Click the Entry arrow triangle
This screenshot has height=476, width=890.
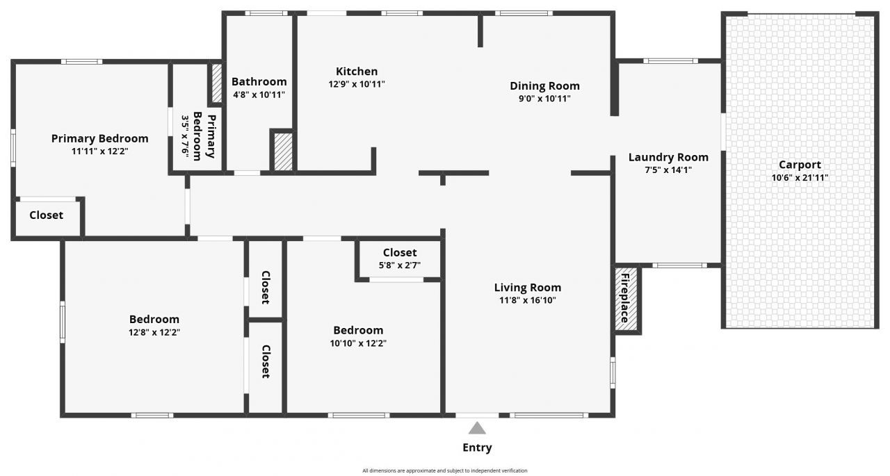click(477, 428)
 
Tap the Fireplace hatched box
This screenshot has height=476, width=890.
click(626, 298)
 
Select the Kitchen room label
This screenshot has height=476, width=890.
click(357, 72)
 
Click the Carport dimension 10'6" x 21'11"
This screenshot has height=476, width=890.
click(800, 177)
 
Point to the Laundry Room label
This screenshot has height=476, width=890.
click(668, 157)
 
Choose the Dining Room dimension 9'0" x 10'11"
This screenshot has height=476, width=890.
click(544, 99)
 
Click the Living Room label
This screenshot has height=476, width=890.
click(527, 288)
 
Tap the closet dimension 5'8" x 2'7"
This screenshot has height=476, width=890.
click(400, 265)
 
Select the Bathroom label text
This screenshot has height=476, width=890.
click(259, 82)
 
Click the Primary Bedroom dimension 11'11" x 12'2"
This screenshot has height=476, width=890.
click(99, 151)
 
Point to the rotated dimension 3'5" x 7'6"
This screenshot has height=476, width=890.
click(186, 136)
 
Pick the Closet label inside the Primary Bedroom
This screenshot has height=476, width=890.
click(46, 215)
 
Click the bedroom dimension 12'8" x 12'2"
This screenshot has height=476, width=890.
click(154, 332)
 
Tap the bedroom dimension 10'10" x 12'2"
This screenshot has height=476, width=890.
click(357, 343)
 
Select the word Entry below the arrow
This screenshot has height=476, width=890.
click(477, 448)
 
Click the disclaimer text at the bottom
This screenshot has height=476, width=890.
click(445, 470)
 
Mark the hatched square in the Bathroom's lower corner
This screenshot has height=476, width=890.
click(282, 152)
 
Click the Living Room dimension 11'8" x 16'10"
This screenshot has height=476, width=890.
click(527, 300)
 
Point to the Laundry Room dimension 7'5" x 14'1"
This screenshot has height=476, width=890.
click(668, 170)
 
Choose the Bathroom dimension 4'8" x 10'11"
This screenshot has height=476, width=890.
click(259, 95)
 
